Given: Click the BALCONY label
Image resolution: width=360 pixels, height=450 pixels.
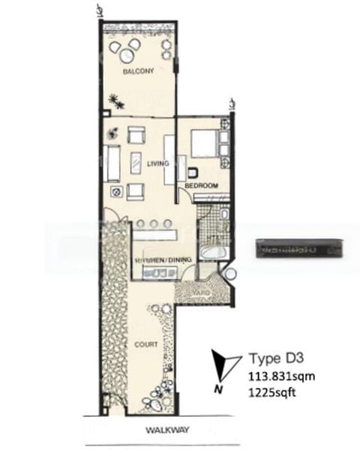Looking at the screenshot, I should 138,72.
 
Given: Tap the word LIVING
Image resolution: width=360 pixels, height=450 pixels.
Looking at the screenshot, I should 157,162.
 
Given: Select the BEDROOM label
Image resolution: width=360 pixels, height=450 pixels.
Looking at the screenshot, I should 202,185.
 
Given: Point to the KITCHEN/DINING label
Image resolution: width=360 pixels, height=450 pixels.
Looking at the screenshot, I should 163,259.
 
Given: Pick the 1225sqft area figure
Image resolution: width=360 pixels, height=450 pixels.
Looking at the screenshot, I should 267,391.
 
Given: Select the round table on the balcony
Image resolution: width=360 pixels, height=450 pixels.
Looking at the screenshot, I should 125,50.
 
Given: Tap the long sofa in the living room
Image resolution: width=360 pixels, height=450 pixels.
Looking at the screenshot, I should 112,163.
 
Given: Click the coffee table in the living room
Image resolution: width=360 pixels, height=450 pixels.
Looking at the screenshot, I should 136,163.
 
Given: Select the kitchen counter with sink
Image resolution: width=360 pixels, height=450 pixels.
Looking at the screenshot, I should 157,273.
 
